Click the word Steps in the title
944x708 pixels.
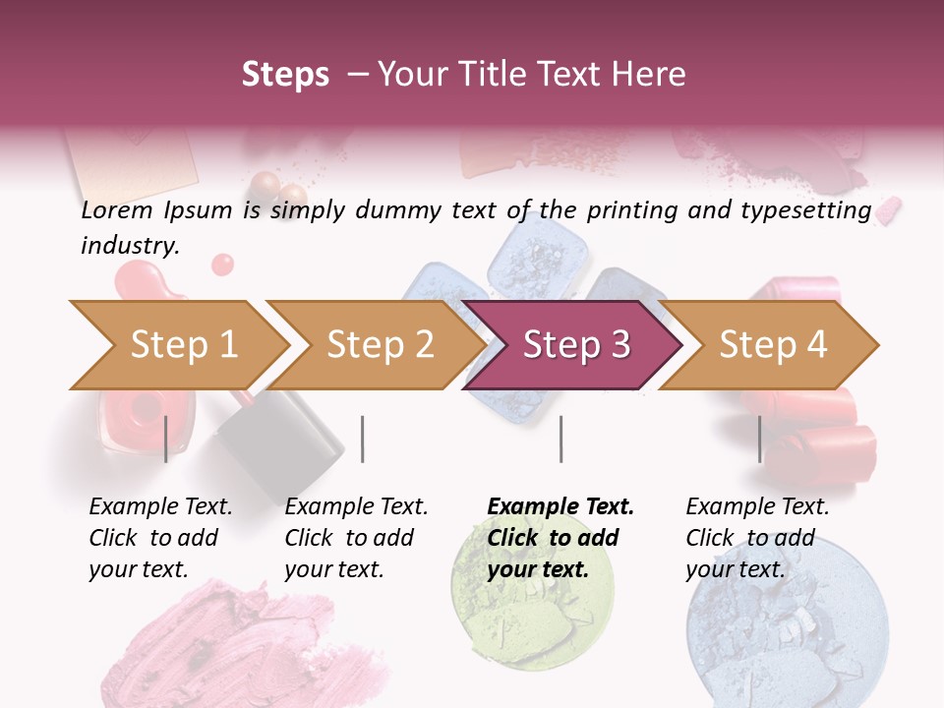285,74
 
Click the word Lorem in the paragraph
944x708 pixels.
117,209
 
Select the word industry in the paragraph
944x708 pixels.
129,246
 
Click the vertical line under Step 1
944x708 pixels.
166,439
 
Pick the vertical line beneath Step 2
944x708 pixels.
363,439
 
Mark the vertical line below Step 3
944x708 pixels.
560,439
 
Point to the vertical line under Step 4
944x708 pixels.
760,439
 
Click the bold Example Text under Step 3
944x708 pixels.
560,507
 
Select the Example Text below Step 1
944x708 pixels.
160,507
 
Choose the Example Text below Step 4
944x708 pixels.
757,507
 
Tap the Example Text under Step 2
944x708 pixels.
356,507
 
